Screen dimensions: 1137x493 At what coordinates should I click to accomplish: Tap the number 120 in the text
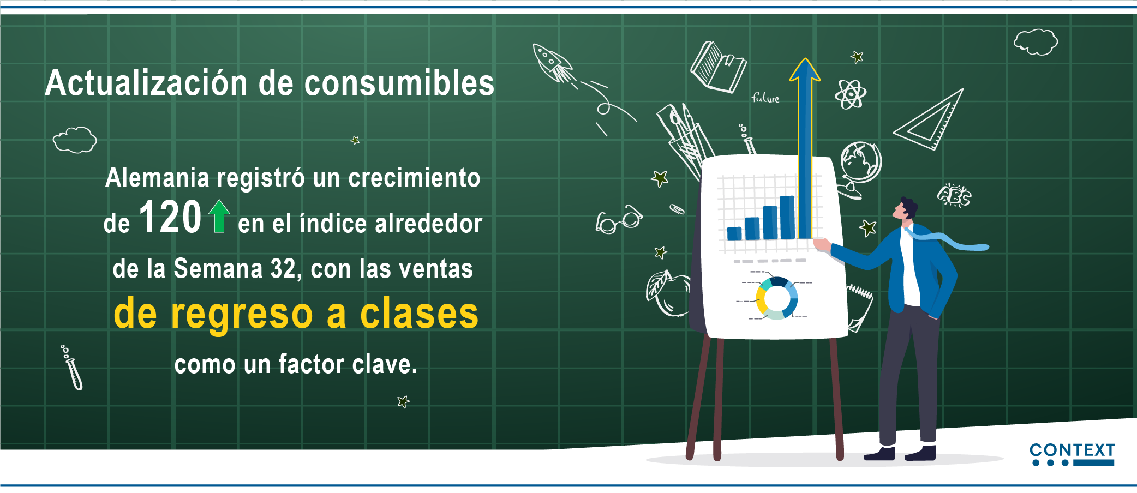pyautogui.click(x=170, y=217)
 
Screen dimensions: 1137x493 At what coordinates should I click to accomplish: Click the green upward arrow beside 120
pyautogui.click(x=219, y=216)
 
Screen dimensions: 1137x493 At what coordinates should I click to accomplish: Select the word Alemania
pyautogui.click(x=157, y=178)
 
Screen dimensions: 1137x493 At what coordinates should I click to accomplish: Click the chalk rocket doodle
pyautogui.click(x=553, y=63)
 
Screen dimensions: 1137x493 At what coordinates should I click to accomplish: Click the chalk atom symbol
pyautogui.click(x=850, y=94)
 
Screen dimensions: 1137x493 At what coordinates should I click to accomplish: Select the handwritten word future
pyautogui.click(x=765, y=98)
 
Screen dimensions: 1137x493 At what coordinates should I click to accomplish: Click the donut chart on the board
pyautogui.click(x=777, y=298)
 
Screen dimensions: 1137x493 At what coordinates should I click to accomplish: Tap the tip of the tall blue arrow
pyautogui.click(x=805, y=58)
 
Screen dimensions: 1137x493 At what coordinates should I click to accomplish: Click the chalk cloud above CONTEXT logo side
pyautogui.click(x=1036, y=42)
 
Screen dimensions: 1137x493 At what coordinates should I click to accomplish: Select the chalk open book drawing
pyautogui.click(x=718, y=67)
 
